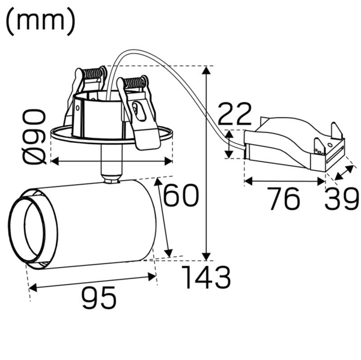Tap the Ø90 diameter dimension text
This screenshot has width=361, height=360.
coord(34,136)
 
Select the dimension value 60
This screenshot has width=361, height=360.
coord(181,196)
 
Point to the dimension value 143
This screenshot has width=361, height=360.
coord(206,277)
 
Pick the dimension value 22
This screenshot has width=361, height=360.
coord(235,113)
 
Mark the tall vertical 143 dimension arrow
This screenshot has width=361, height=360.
coord(207,162)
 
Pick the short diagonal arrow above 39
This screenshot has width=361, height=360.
coord(344,174)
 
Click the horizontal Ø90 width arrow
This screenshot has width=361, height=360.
coord(111,161)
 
